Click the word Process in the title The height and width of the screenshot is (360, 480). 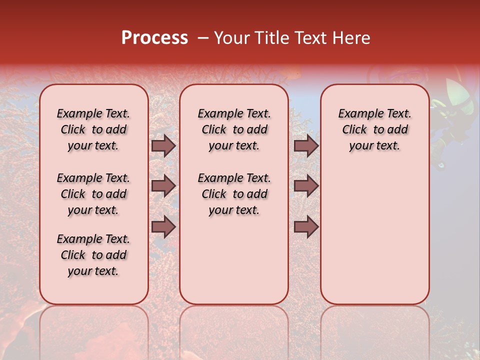coord(154,37)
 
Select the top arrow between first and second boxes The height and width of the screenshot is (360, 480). coord(163,145)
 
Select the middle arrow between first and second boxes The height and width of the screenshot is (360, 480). coord(163,186)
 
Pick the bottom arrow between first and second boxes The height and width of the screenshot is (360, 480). coord(163,226)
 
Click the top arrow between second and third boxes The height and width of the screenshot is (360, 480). coord(306,145)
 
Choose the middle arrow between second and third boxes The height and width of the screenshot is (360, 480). coord(306,186)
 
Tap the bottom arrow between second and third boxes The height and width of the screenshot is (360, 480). coord(306,226)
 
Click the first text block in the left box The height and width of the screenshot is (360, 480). coord(93,129)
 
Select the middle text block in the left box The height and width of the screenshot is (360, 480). coord(93,194)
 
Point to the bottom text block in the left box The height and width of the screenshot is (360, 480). coord(93,255)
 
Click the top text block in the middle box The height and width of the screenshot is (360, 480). coord(234,129)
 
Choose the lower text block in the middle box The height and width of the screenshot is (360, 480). coord(234,194)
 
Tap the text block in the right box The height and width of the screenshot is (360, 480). coord(374,129)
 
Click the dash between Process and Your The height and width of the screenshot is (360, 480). coord(202,38)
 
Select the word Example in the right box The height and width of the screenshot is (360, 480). coord(357,114)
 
